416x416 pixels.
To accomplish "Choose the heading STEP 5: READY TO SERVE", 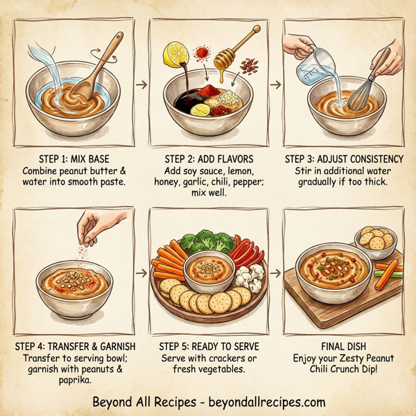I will tap(208, 345).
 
